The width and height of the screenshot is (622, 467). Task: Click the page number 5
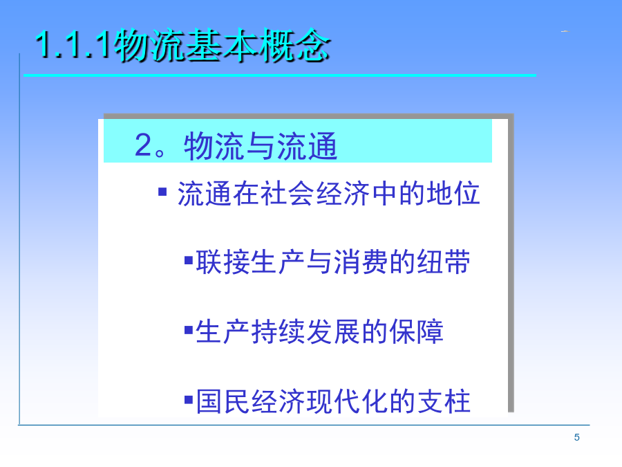tap(577, 437)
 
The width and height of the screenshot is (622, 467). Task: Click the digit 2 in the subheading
tap(143, 145)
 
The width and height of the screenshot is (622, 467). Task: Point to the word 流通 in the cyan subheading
tap(307, 146)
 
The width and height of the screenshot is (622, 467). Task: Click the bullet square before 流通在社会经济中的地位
tap(162, 192)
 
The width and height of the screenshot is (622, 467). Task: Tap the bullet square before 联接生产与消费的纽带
tap(189, 261)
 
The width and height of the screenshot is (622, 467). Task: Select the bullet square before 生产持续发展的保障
tap(189, 330)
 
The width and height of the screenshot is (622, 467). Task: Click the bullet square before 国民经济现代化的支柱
tap(189, 399)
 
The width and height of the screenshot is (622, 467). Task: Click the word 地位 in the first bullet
tap(453, 194)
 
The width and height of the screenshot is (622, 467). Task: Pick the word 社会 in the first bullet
tap(288, 194)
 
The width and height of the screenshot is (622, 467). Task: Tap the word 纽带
tap(444, 262)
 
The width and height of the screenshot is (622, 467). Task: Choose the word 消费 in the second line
tap(361, 262)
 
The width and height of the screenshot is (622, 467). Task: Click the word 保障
tap(416, 331)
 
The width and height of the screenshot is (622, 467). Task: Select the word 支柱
tap(444, 401)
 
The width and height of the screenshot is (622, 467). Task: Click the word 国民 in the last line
tap(223, 401)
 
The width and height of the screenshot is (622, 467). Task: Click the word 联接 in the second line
tap(223, 262)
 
